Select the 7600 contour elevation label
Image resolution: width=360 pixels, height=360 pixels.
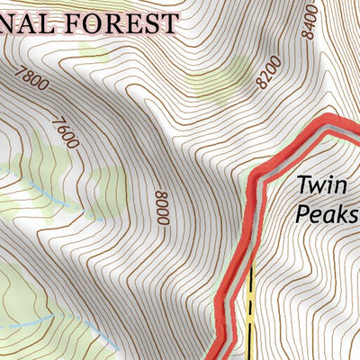point(66,132)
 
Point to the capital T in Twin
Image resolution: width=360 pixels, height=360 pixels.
point(303,186)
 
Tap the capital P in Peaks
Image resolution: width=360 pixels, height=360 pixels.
point(303,215)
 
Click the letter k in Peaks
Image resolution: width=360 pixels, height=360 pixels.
point(338,215)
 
